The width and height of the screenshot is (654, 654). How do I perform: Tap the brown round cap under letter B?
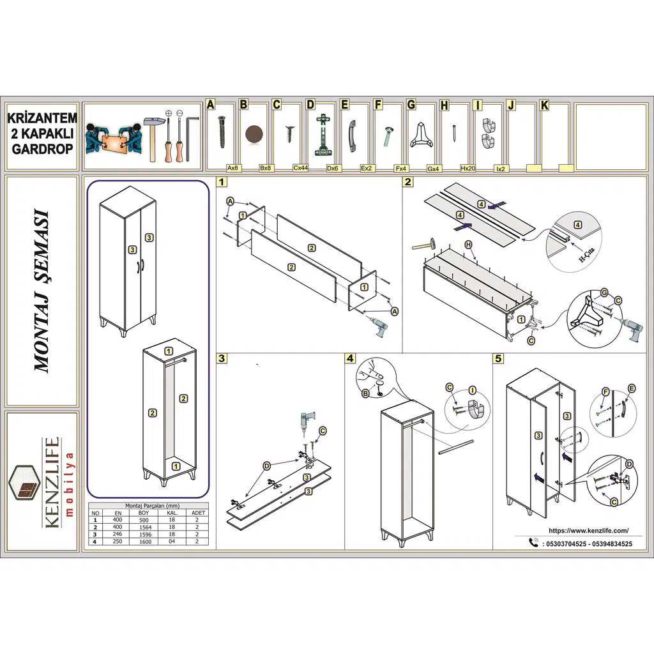coord(254,134)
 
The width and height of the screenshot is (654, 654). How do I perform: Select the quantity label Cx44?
coord(301,168)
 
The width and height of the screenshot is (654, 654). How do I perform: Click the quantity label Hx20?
coord(468,168)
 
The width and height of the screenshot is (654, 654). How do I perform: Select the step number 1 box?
coord(222,182)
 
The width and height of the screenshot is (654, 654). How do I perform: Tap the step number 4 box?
coord(350,358)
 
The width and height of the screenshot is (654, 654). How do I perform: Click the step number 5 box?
coord(499,358)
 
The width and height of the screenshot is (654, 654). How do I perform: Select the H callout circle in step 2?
coord(468,244)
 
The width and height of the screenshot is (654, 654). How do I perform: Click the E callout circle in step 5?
coord(632,388)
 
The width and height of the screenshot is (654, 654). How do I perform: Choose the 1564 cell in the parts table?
coord(144,527)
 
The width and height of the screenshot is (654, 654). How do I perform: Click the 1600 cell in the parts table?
coord(144,541)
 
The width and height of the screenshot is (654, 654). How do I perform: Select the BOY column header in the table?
coord(144,513)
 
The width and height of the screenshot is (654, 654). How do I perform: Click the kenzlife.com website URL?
coord(588,530)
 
